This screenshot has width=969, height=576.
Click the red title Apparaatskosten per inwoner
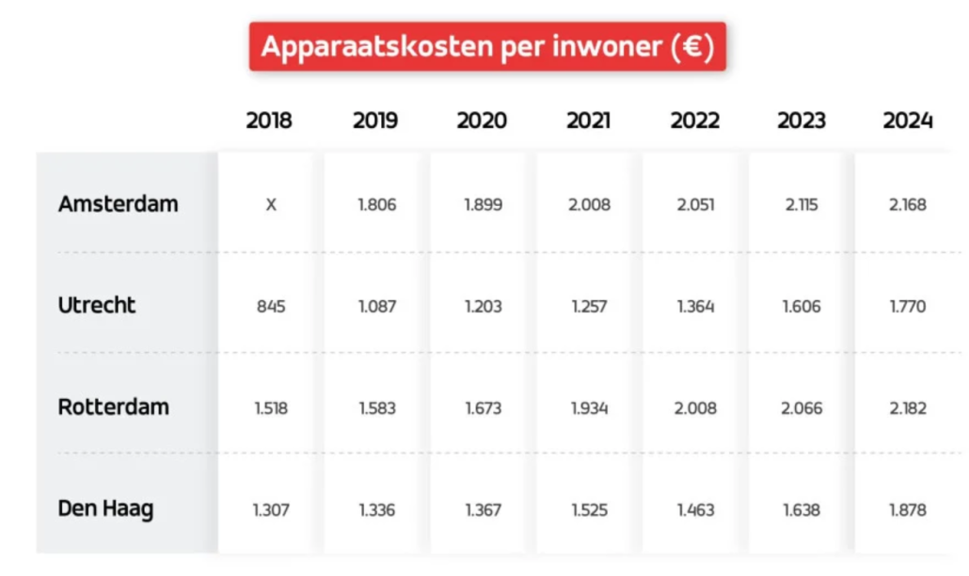pos(486,47)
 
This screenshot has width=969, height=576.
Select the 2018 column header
pos(269,120)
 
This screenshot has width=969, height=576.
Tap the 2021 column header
pos(588,120)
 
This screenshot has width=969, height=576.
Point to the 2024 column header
pos(908,120)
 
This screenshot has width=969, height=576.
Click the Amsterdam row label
pos(118,204)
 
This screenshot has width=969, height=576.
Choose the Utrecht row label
pos(97,306)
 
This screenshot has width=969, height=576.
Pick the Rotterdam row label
pos(114,408)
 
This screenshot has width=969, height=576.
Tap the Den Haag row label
pos(105,509)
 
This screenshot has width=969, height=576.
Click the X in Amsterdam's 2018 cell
pos(271,204)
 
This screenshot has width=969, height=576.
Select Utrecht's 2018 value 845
pos(270,306)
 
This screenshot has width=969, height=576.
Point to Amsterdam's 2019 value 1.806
pos(376,204)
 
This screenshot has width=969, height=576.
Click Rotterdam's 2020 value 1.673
pos(483,408)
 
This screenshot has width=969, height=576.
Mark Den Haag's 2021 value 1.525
pos(589,509)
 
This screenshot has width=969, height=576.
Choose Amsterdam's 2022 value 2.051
pos(695,204)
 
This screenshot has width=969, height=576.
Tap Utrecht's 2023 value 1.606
pos(802,306)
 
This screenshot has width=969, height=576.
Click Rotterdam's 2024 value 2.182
pos(908,408)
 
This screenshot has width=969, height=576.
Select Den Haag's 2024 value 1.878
pos(908,509)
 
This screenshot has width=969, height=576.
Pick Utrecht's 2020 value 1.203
pos(483,306)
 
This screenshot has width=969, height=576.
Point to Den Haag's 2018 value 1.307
pos(270,509)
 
